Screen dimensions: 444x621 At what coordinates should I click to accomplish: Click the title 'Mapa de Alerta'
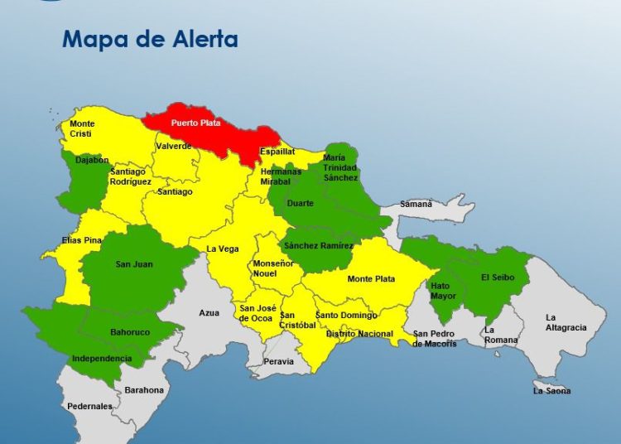click(x=150, y=39)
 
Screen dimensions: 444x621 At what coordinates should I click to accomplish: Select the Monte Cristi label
click(x=81, y=128)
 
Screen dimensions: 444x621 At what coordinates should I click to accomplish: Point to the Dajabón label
click(x=91, y=160)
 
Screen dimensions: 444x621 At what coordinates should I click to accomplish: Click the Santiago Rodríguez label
click(x=131, y=176)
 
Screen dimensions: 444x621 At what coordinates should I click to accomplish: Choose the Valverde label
click(x=174, y=146)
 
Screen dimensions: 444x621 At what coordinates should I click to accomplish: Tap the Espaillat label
click(x=277, y=152)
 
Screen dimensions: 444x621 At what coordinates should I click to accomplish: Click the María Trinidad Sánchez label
click(x=340, y=167)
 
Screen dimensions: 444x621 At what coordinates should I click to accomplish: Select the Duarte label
click(x=300, y=203)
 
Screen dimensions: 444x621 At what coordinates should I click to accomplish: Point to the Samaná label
click(x=416, y=204)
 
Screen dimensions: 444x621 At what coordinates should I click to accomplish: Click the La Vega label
click(x=222, y=249)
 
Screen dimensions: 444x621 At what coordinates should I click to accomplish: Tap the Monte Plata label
click(x=371, y=279)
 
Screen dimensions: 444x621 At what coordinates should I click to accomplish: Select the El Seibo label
click(x=497, y=277)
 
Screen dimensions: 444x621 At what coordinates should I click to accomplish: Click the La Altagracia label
click(x=566, y=322)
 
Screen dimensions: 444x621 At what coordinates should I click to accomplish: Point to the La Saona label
click(x=551, y=390)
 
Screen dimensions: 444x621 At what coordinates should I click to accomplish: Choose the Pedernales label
click(x=89, y=406)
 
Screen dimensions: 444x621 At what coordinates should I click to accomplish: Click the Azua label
click(x=209, y=313)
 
